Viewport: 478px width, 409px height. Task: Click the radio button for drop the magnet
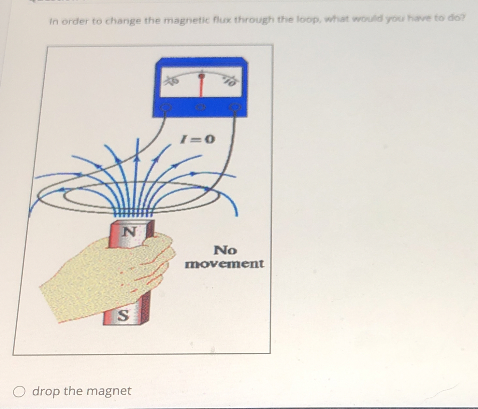(19, 392)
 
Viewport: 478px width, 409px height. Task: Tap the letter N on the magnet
(129, 232)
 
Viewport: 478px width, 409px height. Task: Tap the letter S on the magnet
(123, 315)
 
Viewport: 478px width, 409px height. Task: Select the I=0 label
(198, 139)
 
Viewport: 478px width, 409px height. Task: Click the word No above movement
(225, 250)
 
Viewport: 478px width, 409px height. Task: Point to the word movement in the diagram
(224, 263)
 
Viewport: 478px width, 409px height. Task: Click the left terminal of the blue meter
(166, 107)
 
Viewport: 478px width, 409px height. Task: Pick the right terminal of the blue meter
(235, 107)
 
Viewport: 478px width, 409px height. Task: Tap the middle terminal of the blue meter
(201, 107)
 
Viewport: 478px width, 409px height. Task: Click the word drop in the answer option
(46, 391)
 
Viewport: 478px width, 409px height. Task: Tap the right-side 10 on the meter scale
(230, 82)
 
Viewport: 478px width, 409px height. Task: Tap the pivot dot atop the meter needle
(202, 76)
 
